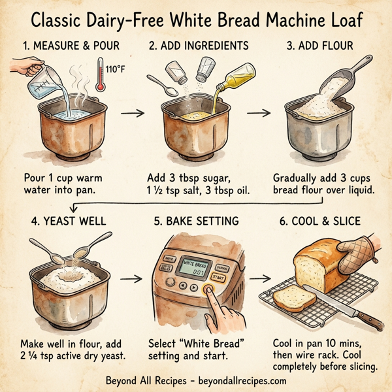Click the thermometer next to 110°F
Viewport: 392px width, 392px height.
[x=101, y=72]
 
